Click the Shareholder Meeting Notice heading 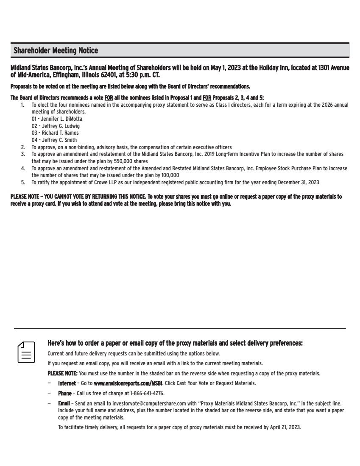[x=56, y=51]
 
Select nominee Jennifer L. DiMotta [x=57, y=119]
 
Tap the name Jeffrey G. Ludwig [x=56, y=126]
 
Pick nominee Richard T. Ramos [x=55, y=133]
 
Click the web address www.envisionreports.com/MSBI [x=128, y=383]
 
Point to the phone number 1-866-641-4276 [x=143, y=393]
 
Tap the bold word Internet [x=67, y=383]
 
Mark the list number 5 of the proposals [x=23, y=182]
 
